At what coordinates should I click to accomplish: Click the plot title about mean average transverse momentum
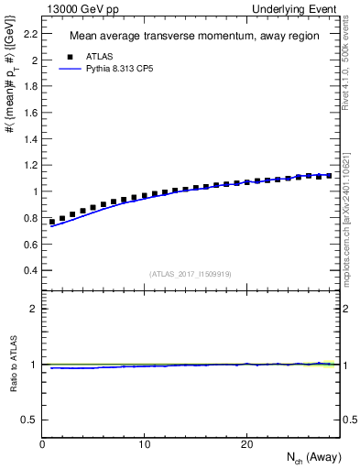(x=193, y=37)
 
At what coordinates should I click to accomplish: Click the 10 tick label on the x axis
(x=144, y=445)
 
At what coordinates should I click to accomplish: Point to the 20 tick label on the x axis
(x=246, y=445)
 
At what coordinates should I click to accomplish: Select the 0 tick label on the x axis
(x=42, y=445)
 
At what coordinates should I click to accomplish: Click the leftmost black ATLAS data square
(x=52, y=222)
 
